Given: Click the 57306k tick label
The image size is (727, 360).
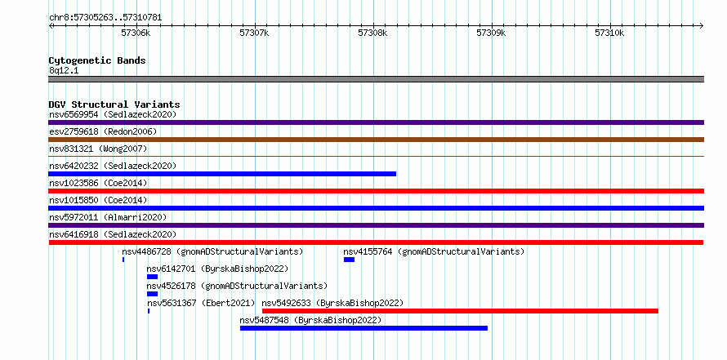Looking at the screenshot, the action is (136, 33).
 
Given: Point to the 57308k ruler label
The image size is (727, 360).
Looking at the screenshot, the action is (372, 33).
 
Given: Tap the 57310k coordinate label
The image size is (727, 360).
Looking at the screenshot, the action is (609, 33).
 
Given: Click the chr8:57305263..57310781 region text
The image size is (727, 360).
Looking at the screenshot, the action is (105, 18).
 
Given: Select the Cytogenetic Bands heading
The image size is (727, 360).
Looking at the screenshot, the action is (97, 60).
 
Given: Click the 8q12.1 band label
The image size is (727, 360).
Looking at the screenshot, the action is (63, 70).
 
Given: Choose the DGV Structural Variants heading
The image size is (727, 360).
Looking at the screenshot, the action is (114, 104).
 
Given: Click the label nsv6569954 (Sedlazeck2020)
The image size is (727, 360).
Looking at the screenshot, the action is (113, 114).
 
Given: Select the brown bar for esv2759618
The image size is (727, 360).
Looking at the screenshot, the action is (376, 140).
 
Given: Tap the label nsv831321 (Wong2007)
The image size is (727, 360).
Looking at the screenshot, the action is (98, 149).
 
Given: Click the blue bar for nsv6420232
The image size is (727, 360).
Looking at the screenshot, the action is (222, 174).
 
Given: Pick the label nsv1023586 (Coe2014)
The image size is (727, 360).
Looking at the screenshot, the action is (98, 183).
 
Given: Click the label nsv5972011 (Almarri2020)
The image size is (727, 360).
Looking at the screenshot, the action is (108, 217).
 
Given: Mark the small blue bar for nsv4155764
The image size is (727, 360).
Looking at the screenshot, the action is (349, 260).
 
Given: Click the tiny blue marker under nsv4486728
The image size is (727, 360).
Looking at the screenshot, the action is (123, 260).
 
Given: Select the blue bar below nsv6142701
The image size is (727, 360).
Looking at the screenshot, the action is (152, 277).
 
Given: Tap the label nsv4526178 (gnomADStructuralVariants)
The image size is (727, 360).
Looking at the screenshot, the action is (237, 286).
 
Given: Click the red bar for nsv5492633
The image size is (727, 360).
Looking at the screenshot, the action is (460, 311).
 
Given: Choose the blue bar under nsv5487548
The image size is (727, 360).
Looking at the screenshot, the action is (364, 328).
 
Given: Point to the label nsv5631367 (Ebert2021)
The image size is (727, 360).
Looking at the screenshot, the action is (201, 303).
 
